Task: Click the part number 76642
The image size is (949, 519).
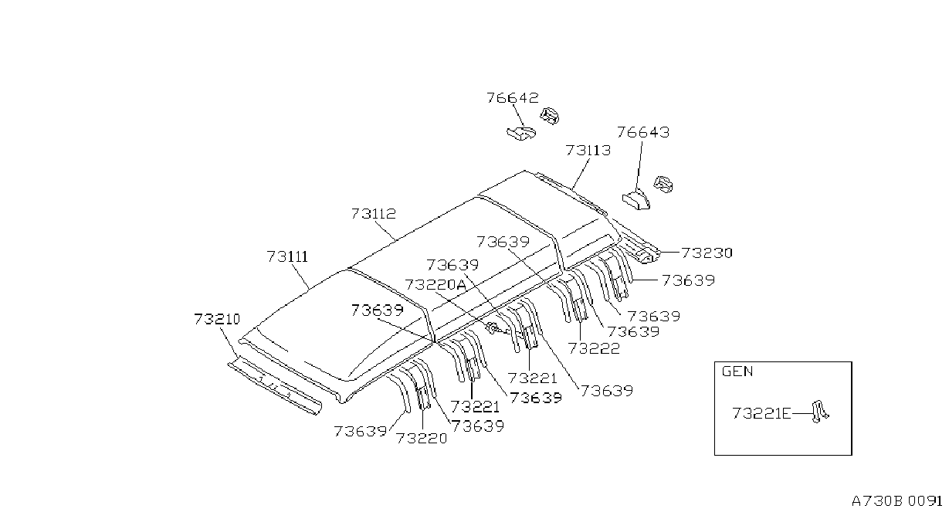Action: coord(512,98)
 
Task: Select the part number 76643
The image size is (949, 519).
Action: coord(643,132)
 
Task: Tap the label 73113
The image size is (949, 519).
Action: coord(588,150)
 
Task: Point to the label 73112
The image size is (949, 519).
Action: coord(373,213)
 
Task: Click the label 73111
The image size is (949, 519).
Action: coord(287,256)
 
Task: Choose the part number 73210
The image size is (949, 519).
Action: coord(217,319)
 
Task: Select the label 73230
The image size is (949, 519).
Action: coord(707,253)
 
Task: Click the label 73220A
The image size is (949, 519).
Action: coord(436,285)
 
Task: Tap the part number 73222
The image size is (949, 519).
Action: coord(594,348)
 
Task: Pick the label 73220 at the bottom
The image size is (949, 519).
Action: coord(422,438)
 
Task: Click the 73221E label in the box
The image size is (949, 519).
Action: coord(761,413)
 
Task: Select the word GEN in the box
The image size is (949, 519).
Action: coord(737,371)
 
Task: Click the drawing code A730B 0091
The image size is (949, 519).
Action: coord(896,501)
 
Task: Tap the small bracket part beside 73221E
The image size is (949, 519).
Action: coord(819,412)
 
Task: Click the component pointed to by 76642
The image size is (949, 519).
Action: coord(521,133)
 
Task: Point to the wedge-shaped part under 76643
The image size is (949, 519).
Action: coord(636,200)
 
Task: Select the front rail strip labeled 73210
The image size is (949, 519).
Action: coord(275,386)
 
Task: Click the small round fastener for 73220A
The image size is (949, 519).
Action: coord(493,327)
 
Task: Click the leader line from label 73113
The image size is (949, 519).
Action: coord(581,174)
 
